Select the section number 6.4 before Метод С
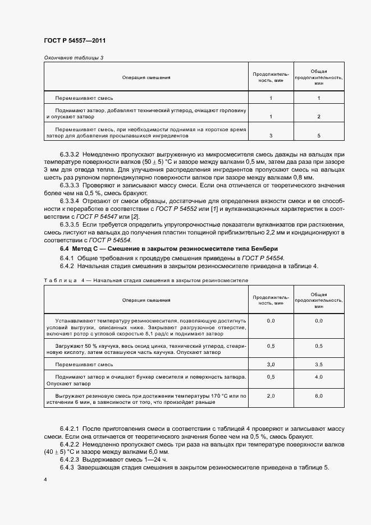(x=65, y=248)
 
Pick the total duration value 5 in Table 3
(x=318, y=135)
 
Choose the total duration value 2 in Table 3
(x=318, y=117)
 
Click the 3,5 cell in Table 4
(x=318, y=364)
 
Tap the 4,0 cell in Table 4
(x=318, y=377)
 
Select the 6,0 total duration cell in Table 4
(x=318, y=396)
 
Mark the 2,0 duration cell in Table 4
(x=271, y=396)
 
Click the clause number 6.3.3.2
(x=70, y=153)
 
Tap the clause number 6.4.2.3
(x=70, y=459)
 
